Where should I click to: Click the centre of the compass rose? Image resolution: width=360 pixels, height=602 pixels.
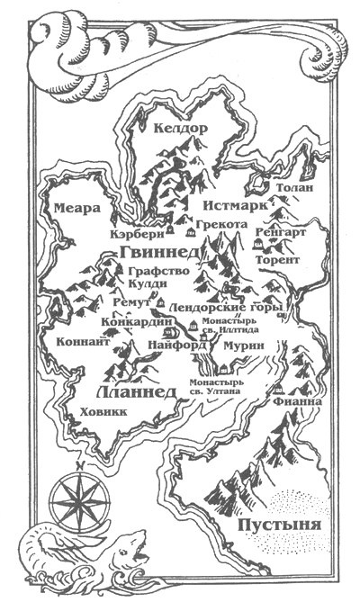76,497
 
